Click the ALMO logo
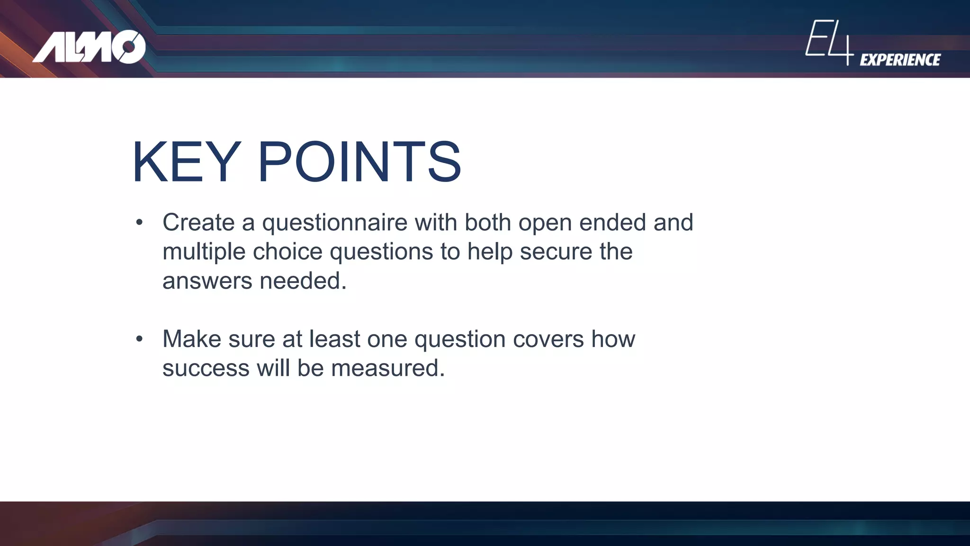[89, 47]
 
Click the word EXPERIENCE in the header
[900, 60]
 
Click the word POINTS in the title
[359, 162]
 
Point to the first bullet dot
[139, 222]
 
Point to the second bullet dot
[139, 339]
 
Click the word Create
[198, 222]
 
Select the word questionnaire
[335, 223]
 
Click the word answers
[207, 281]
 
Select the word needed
[303, 281]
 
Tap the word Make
[191, 339]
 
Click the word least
[334, 339]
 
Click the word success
[206, 368]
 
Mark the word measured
[387, 368]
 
